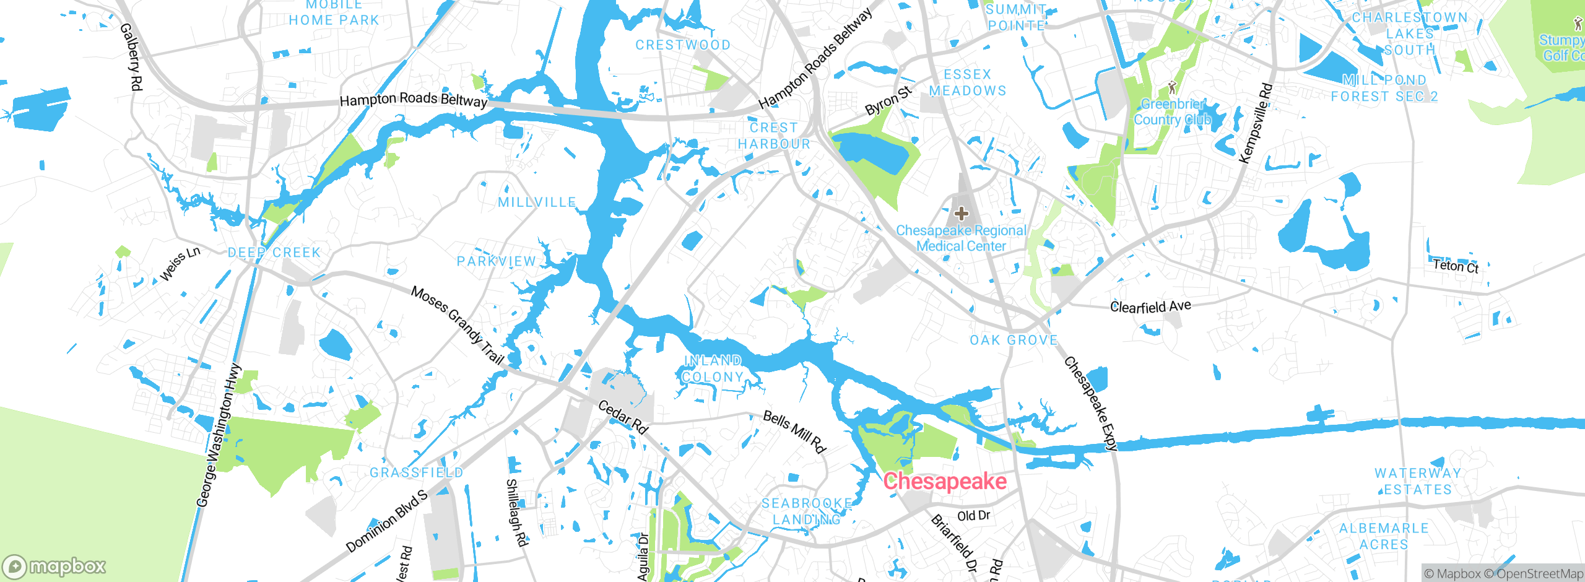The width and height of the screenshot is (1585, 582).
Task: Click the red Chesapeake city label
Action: (x=945, y=481)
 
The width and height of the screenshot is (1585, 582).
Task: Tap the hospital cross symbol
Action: (x=961, y=214)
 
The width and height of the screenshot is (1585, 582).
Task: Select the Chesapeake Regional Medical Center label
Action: (x=961, y=238)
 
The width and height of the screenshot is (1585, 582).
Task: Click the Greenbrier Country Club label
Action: (x=1172, y=112)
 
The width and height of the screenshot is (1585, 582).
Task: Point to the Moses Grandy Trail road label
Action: (x=458, y=325)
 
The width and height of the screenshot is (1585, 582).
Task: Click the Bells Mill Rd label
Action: (x=794, y=432)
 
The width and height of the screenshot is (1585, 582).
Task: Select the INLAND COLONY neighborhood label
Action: (x=713, y=369)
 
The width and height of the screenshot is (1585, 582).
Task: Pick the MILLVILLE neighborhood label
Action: (x=537, y=202)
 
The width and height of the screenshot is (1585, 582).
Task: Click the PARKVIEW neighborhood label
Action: (x=496, y=261)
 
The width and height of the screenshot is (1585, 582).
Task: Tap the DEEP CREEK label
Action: (x=274, y=253)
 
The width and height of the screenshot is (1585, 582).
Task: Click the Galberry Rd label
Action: (x=131, y=57)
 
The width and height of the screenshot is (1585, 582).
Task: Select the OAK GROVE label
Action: (x=1014, y=340)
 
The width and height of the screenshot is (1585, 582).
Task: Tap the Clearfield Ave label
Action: (x=1150, y=306)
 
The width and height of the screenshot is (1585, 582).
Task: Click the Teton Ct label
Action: (x=1456, y=266)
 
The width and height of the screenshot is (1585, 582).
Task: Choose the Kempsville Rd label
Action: (x=1256, y=123)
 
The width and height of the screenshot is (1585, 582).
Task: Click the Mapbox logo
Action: (x=54, y=567)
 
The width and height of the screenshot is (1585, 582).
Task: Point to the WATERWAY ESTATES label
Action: (x=1418, y=481)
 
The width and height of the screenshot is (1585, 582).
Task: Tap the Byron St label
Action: (x=888, y=101)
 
